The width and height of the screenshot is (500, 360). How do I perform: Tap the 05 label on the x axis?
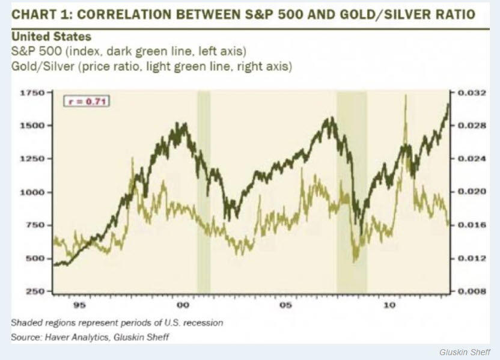point(286,305)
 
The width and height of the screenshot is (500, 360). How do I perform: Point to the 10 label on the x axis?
point(390,305)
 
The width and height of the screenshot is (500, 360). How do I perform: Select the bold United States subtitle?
point(51,37)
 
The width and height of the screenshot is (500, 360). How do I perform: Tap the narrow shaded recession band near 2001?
point(204,192)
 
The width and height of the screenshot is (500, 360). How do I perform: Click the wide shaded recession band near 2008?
point(352,192)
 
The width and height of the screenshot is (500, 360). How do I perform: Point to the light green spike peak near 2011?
point(406,96)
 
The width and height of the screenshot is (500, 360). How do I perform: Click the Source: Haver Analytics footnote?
point(90,337)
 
